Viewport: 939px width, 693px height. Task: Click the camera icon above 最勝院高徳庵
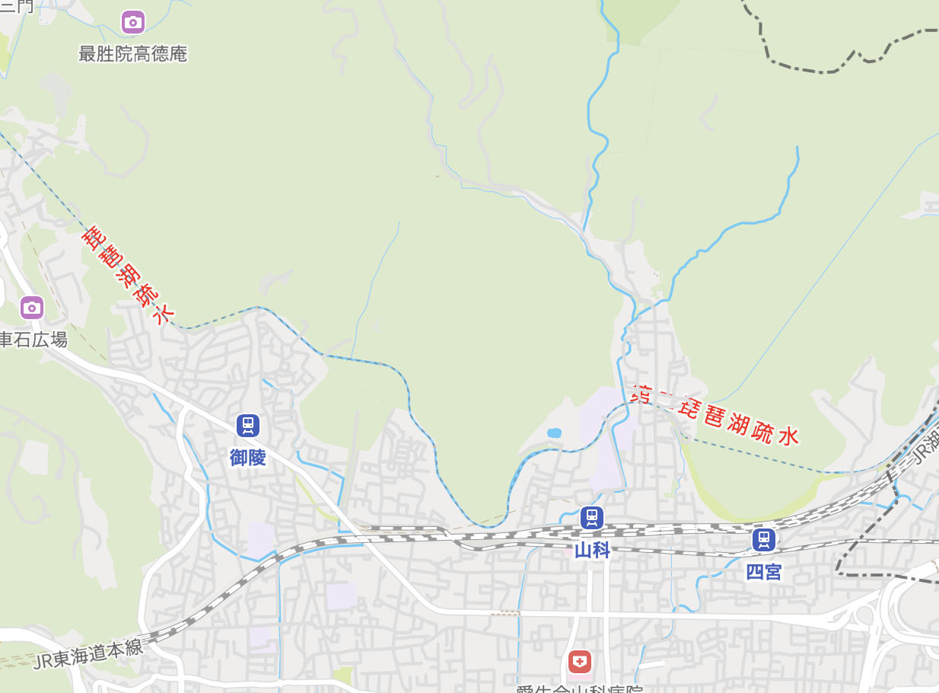coord(133,22)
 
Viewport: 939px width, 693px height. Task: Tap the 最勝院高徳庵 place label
coord(133,54)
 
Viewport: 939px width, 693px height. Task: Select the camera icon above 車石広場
coord(31,308)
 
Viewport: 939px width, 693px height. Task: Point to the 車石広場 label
coord(33,340)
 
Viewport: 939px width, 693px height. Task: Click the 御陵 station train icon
coord(248,426)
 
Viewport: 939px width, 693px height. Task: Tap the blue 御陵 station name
coord(248,457)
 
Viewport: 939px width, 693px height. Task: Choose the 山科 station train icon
coord(591,518)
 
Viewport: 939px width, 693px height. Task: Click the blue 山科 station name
coord(592,550)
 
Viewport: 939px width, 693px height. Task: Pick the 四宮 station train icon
coord(764,540)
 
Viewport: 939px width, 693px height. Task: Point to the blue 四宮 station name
coord(764,572)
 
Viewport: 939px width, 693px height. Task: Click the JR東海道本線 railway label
coord(88,653)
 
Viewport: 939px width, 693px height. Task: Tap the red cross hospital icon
coord(579,661)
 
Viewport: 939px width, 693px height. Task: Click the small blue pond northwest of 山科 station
coord(554,433)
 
